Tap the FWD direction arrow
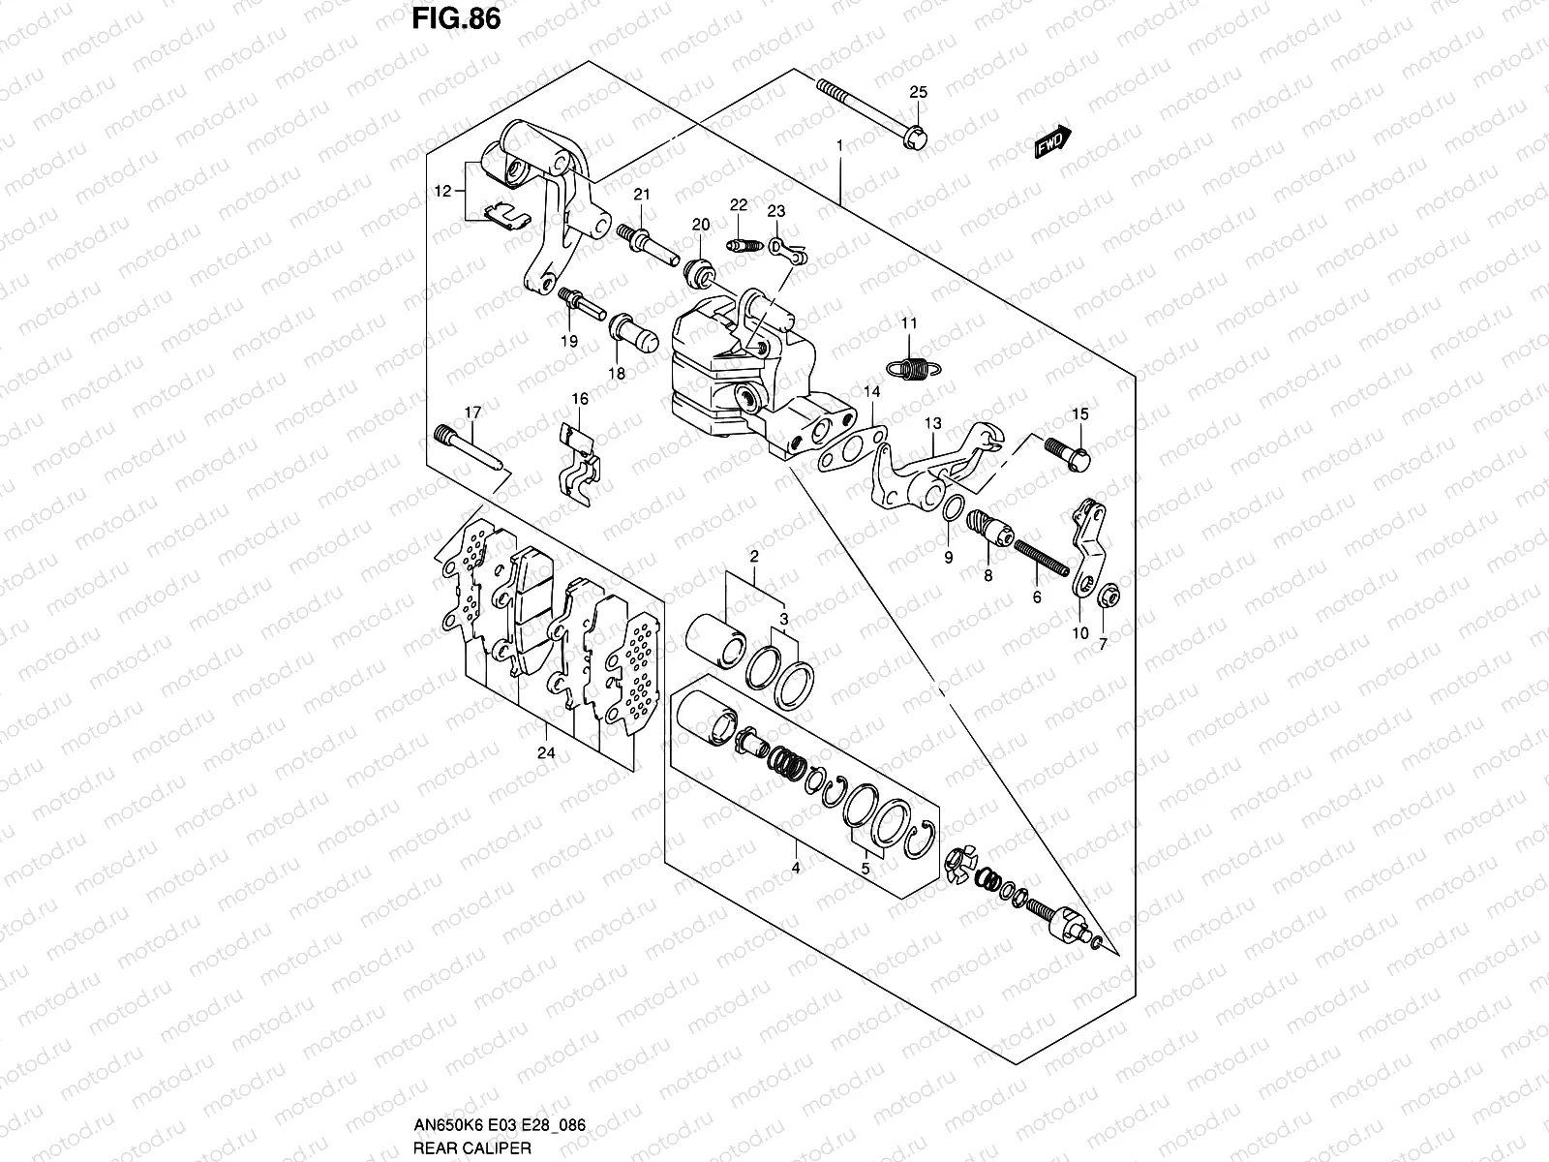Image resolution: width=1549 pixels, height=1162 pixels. tap(1052, 142)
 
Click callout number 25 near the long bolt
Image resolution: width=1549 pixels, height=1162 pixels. tap(918, 93)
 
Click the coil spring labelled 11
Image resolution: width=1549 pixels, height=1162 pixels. tap(908, 366)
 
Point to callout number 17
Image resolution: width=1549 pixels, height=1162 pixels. tap(471, 413)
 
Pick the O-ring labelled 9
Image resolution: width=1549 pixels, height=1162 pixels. tap(952, 507)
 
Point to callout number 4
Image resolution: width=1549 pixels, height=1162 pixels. tap(795, 869)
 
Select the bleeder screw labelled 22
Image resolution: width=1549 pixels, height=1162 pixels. tap(741, 246)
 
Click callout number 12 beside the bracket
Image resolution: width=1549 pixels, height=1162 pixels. tap(442, 192)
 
